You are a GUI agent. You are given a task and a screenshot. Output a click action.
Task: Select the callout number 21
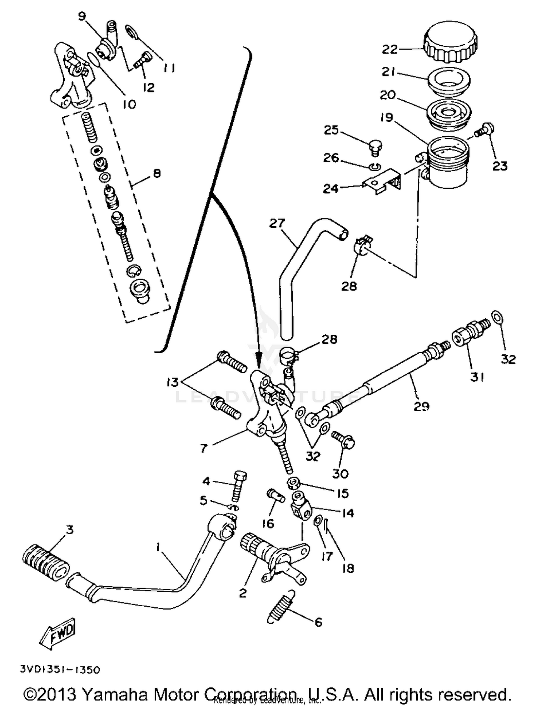tap(388, 72)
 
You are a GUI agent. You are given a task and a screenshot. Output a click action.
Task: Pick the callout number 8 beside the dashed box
tap(157, 174)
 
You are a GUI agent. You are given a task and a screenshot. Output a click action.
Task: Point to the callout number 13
tap(172, 383)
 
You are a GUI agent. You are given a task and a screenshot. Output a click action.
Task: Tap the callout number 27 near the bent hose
tap(277, 223)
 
